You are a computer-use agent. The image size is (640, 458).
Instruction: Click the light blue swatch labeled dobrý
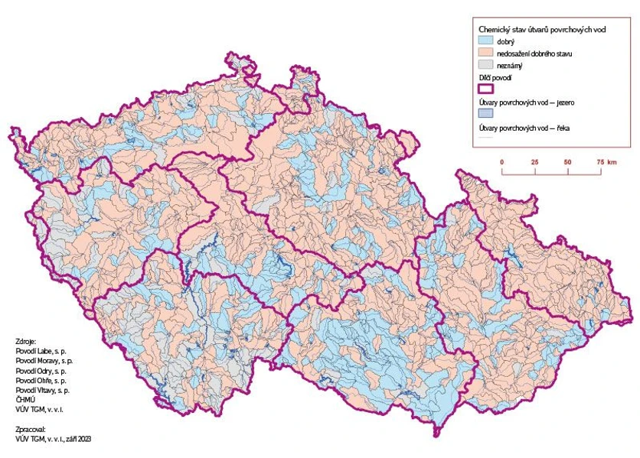coord(485,41)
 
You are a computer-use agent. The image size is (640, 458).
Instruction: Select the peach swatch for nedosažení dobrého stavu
coord(485,54)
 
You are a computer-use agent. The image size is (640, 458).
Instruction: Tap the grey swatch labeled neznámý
coord(485,66)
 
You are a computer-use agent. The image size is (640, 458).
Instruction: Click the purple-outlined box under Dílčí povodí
coord(485,89)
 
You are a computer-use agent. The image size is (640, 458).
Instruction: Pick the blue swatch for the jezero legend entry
coord(485,112)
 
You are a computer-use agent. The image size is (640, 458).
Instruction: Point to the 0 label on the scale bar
coord(501,162)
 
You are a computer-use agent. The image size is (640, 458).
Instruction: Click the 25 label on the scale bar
coord(534,162)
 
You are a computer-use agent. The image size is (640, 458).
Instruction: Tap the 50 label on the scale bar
coord(567,162)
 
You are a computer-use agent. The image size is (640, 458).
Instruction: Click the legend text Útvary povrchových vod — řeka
coord(524,128)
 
